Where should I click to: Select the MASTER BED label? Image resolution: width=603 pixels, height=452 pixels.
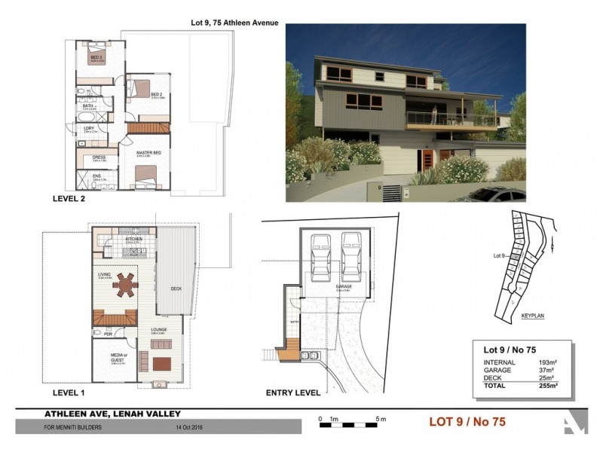(x=148, y=153)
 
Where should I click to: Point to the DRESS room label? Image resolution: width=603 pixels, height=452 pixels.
(x=98, y=157)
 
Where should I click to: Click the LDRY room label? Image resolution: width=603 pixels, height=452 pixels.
(x=89, y=129)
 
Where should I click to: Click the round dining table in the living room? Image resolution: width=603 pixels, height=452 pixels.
(x=127, y=286)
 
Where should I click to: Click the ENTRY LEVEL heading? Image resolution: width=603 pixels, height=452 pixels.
(x=292, y=392)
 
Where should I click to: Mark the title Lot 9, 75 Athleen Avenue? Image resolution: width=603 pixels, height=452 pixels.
(x=234, y=23)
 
